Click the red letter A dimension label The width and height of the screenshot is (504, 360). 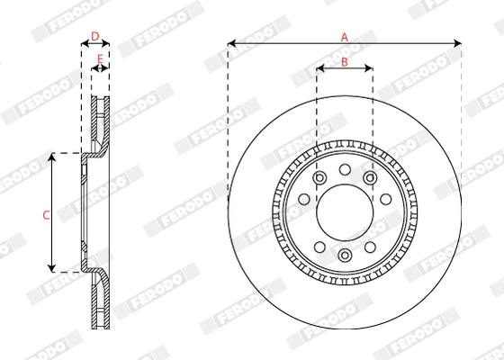coord(344,36)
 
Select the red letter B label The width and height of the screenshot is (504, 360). coord(344,61)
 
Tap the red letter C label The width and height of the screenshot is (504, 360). coord(45,214)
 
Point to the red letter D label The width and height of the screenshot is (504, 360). coord(94,36)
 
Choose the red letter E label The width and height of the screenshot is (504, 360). coord(100,60)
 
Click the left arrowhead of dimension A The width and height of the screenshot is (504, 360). coord(231,42)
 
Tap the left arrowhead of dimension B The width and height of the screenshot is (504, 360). coord(319,67)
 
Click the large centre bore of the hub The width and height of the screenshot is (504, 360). coord(344,211)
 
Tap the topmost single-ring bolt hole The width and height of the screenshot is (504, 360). coord(344,168)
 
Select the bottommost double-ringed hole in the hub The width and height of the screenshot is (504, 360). coord(344,256)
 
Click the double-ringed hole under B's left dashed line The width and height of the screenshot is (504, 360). coord(319,178)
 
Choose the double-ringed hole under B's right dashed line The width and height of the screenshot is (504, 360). coord(370,178)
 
